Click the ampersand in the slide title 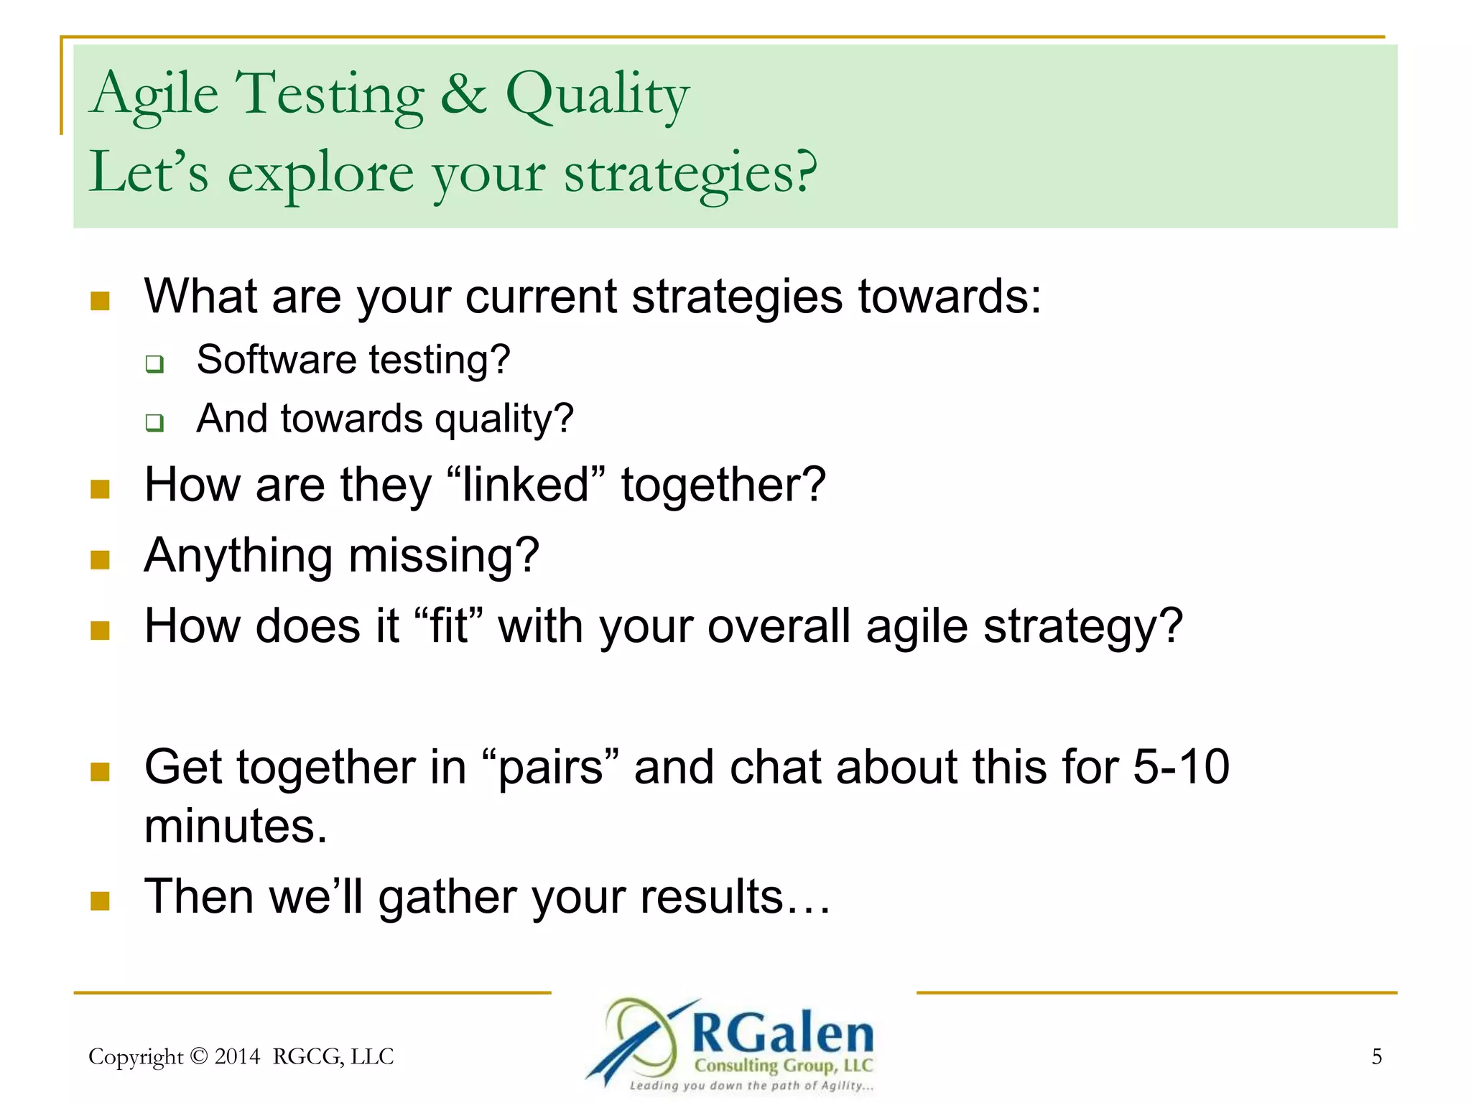[x=463, y=95]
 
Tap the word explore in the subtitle [x=320, y=174]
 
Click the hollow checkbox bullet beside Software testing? [x=154, y=363]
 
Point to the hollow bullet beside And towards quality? [x=154, y=422]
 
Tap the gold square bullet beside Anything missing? [x=101, y=559]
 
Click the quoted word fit [x=449, y=626]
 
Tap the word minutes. [x=235, y=826]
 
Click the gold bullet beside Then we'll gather [x=101, y=900]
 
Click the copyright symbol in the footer [x=200, y=1056]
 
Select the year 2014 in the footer [x=237, y=1056]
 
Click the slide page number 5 [x=1376, y=1056]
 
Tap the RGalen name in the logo [x=782, y=1034]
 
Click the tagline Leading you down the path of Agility [x=751, y=1086]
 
